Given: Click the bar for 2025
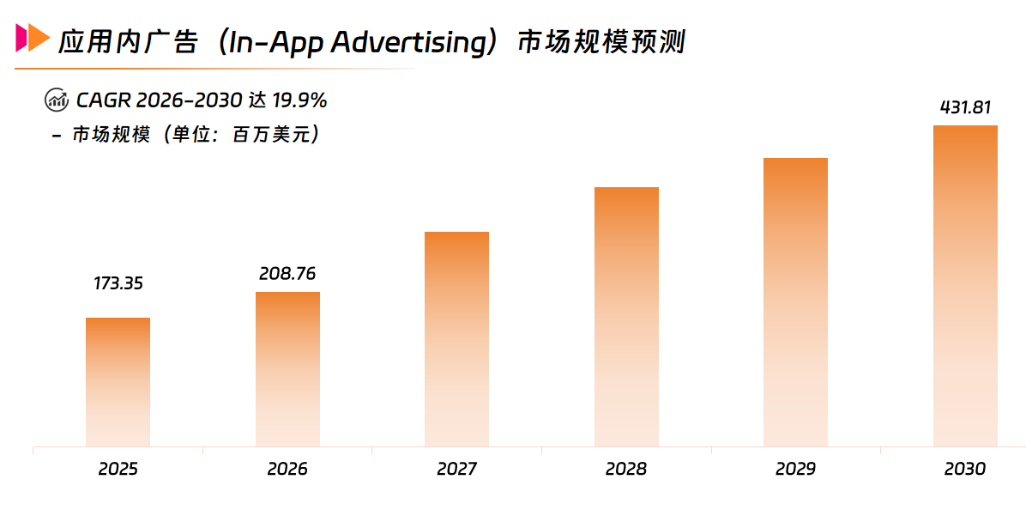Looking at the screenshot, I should [x=118, y=382].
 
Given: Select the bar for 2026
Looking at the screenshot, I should [x=287, y=369].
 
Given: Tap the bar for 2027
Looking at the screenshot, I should [x=456, y=339].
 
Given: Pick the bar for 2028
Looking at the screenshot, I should [x=626, y=317].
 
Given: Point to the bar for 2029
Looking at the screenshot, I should [x=795, y=302].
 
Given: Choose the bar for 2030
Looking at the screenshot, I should [x=965, y=286].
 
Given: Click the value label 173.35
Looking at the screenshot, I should [x=118, y=283].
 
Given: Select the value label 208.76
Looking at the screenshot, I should [x=287, y=274].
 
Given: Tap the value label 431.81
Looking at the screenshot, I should [x=965, y=108].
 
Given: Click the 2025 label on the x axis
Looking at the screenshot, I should [x=118, y=470].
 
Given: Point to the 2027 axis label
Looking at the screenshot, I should [x=456, y=470].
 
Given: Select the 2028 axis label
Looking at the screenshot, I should [x=626, y=470].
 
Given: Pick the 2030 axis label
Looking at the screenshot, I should [x=965, y=470].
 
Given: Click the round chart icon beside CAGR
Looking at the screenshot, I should [x=56, y=100].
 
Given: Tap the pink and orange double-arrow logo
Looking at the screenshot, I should [x=33, y=38].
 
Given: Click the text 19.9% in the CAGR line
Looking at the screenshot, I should [x=299, y=100].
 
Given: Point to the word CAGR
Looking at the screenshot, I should [x=103, y=100].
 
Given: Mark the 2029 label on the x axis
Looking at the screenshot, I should [x=795, y=470].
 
